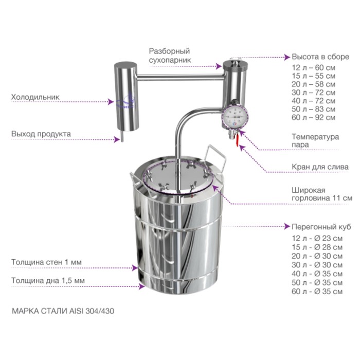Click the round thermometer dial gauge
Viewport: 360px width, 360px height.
pyautogui.click(x=235, y=117)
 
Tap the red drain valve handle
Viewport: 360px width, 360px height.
pyautogui.click(x=236, y=139)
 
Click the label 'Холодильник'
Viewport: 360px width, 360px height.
pyautogui.click(x=35, y=97)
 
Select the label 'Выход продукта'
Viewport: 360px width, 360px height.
pyautogui.click(x=41, y=134)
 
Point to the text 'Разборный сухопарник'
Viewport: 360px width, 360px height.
pyautogui.click(x=170, y=56)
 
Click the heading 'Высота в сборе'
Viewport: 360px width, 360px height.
pyautogui.click(x=320, y=57)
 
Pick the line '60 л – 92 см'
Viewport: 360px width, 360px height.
pyautogui.click(x=313, y=118)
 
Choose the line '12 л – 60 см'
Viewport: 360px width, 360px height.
pyautogui.click(x=313, y=68)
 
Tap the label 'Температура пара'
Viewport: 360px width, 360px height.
pyautogui.click(x=315, y=141)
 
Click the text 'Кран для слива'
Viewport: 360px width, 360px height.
pyautogui.click(x=320, y=167)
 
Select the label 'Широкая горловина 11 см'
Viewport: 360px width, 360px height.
pyautogui.click(x=322, y=194)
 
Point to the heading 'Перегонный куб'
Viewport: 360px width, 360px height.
pyautogui.click(x=321, y=227)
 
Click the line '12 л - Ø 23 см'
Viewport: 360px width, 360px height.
pyautogui.click(x=317, y=238)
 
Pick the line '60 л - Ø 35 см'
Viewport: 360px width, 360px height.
pyautogui.click(x=317, y=292)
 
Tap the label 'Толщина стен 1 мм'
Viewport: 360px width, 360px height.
pyautogui.click(x=46, y=262)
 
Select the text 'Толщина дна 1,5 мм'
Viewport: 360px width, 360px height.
pyautogui.click(x=48, y=281)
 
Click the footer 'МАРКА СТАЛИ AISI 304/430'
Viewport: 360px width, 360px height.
pyautogui.click(x=63, y=311)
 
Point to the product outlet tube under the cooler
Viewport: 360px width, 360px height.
pyautogui.click(x=122, y=136)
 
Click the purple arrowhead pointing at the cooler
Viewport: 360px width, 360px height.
pyautogui.click(x=111, y=102)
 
